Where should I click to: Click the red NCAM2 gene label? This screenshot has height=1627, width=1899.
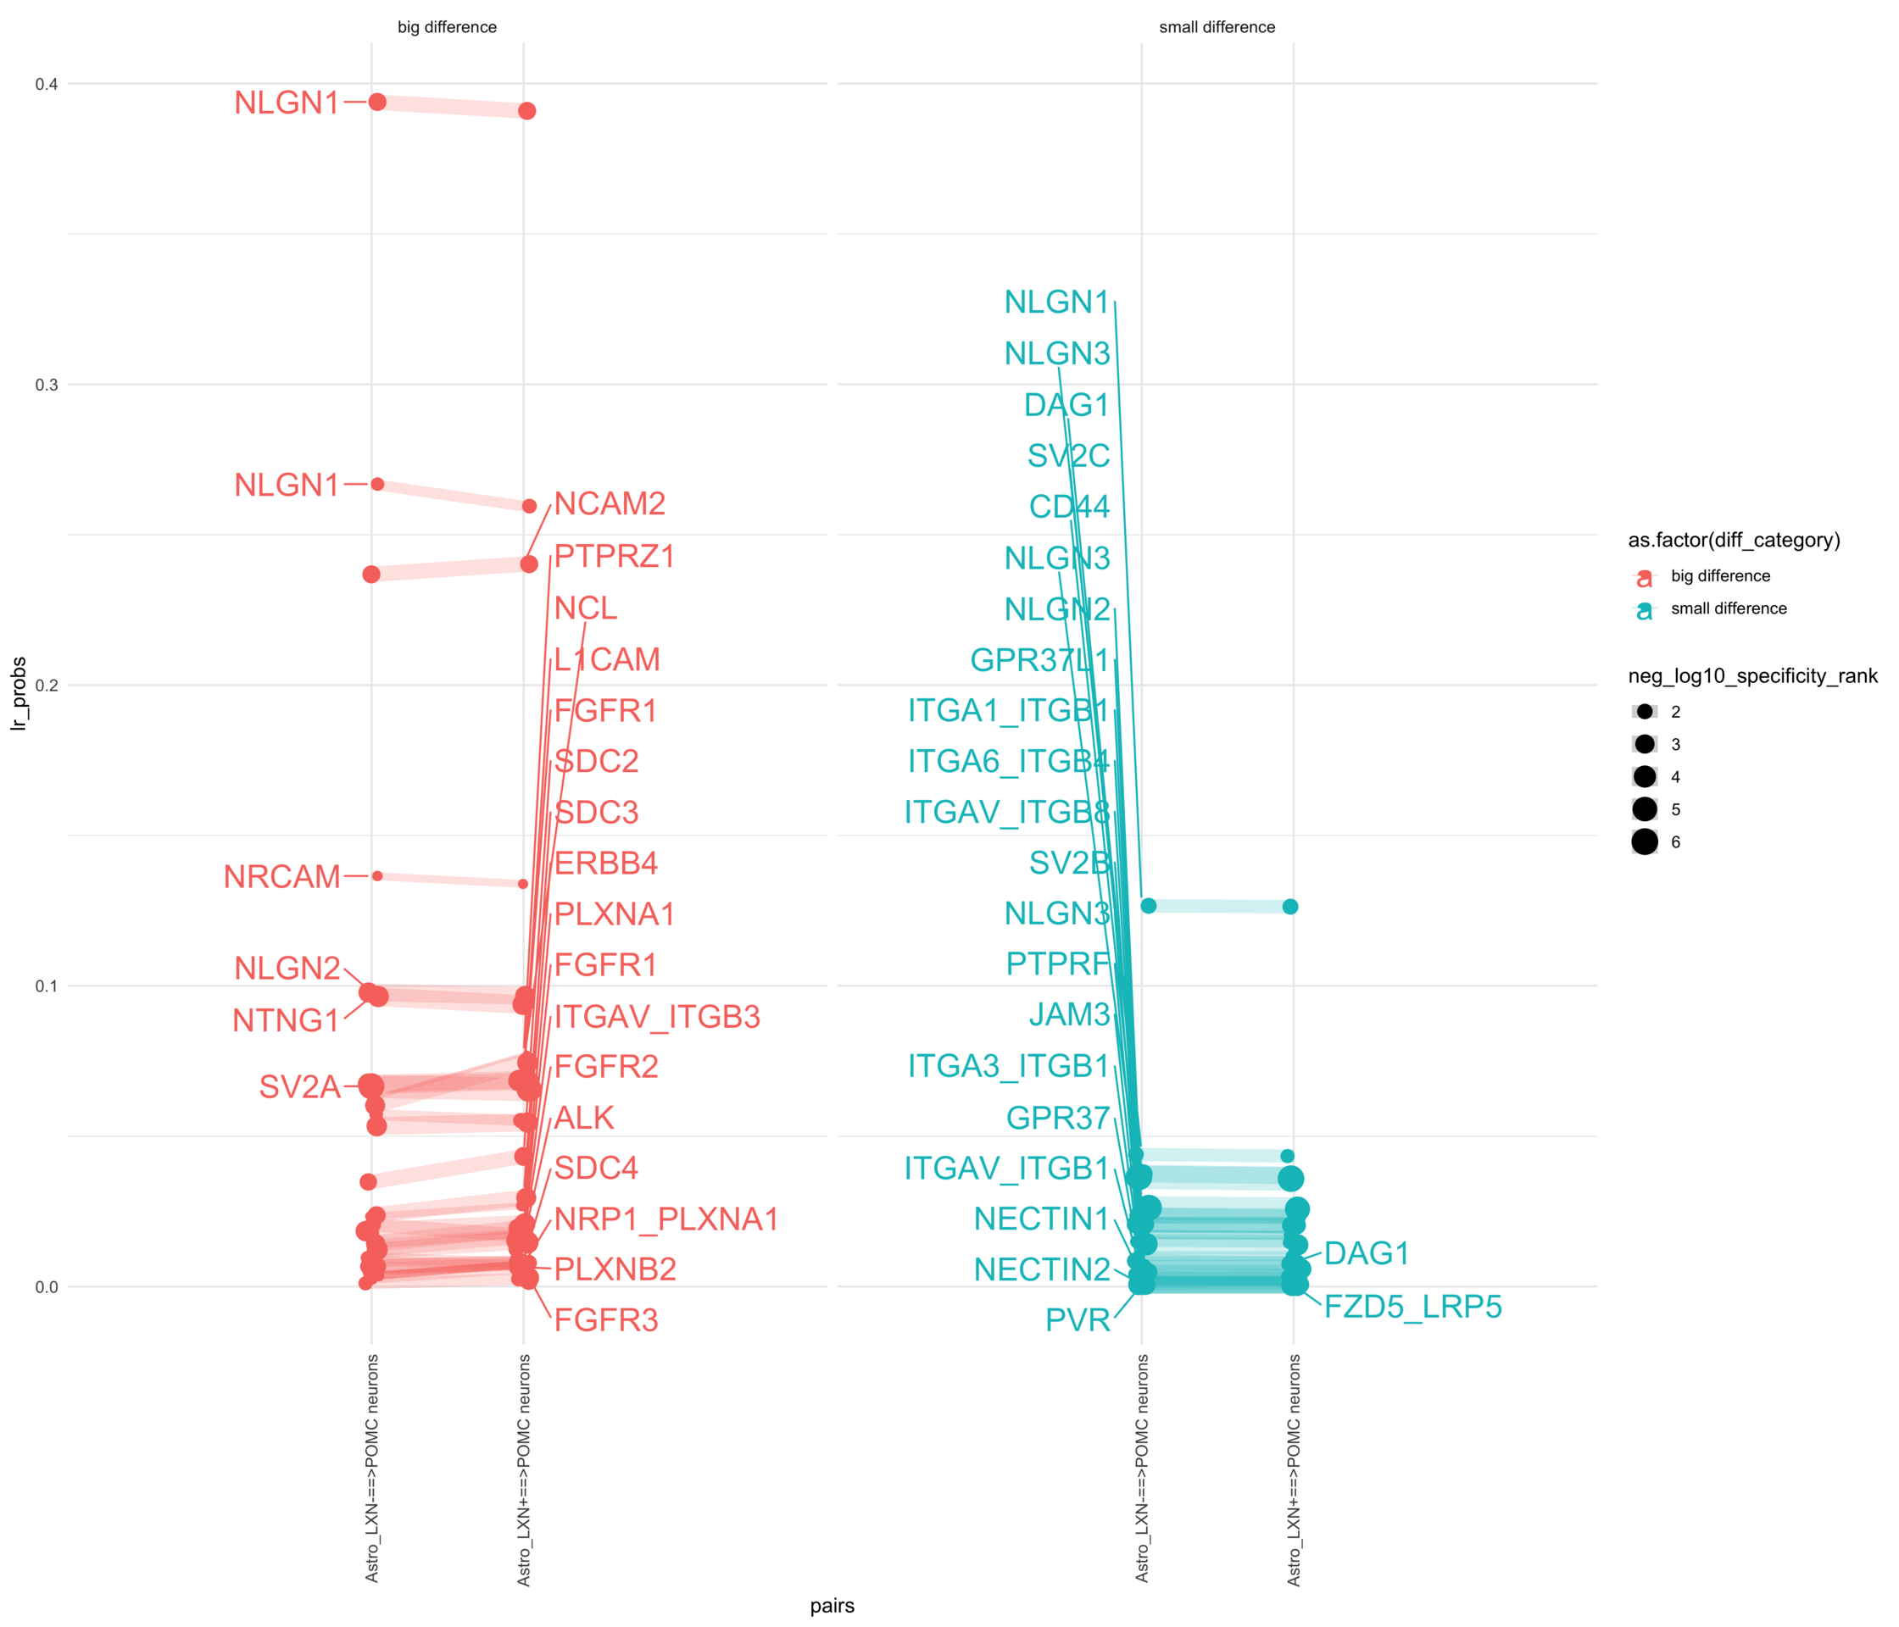click(x=610, y=504)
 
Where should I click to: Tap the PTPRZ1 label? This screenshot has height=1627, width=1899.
click(x=614, y=556)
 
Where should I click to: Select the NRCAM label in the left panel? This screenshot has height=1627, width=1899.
click(x=281, y=877)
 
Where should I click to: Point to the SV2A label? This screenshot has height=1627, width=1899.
click(x=300, y=1086)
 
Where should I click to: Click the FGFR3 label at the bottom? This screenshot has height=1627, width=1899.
click(x=606, y=1320)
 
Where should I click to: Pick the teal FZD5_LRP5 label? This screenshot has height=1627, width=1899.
click(x=1412, y=1307)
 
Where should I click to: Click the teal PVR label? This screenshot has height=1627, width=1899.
click(x=1077, y=1320)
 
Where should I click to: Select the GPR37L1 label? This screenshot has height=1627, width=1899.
click(x=1039, y=659)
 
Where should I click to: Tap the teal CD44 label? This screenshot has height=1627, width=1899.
click(x=1069, y=507)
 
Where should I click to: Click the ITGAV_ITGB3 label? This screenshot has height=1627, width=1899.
click(x=657, y=1017)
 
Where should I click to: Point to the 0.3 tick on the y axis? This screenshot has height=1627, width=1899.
click(x=46, y=385)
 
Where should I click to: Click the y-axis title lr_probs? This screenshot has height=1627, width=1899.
click(x=19, y=693)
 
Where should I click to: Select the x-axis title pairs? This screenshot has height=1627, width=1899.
click(x=832, y=1605)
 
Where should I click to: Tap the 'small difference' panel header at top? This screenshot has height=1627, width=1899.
click(x=1217, y=27)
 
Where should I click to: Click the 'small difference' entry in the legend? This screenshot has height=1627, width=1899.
click(x=1728, y=608)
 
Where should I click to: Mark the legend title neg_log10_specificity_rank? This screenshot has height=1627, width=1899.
click(x=1751, y=676)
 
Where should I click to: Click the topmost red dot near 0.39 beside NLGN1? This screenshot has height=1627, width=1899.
click(x=376, y=102)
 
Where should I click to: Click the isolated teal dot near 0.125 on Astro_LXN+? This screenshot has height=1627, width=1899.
click(x=1289, y=906)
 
